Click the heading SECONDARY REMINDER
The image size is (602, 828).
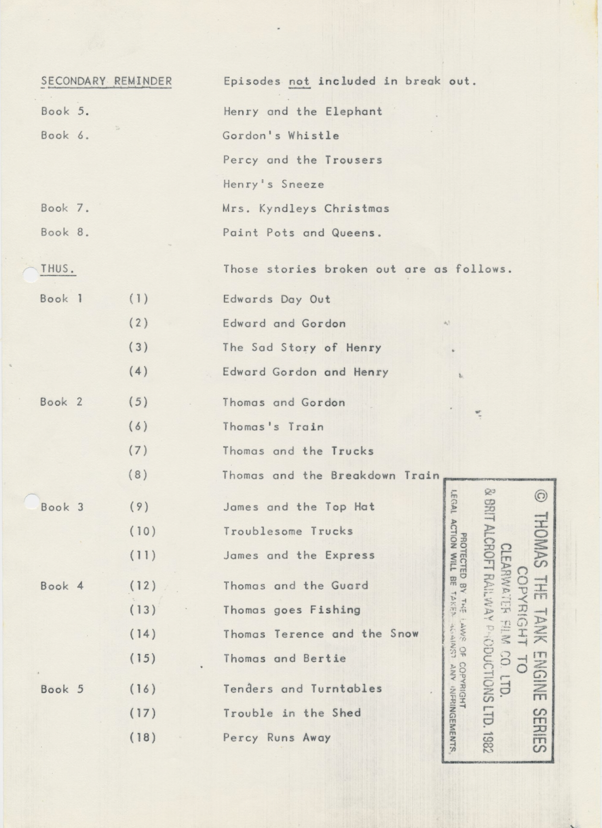(x=106, y=81)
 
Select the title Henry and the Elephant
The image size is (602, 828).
(x=303, y=111)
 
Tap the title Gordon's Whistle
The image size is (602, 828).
(x=281, y=136)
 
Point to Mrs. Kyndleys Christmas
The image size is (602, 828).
(x=306, y=208)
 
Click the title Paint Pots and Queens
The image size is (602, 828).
(x=302, y=233)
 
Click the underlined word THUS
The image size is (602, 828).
(x=58, y=269)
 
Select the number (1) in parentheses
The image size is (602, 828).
(x=139, y=299)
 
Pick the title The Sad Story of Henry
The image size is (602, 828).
(x=302, y=348)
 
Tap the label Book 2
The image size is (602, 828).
(x=61, y=402)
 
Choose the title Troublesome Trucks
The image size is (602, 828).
(x=288, y=531)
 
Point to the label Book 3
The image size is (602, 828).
(x=62, y=507)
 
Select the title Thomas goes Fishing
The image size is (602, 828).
(x=292, y=610)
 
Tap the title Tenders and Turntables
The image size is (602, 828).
(x=302, y=689)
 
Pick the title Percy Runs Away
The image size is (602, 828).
(x=277, y=737)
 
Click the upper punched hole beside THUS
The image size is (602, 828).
(x=31, y=275)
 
